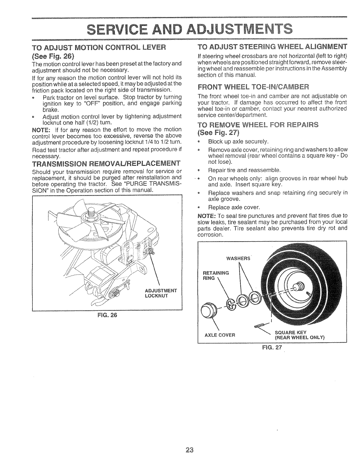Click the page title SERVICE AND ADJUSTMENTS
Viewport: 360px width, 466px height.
pyautogui.click(x=180, y=29)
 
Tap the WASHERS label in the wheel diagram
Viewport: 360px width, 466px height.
pyautogui.click(x=238, y=258)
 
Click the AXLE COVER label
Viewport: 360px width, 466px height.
pyautogui.click(x=220, y=335)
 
